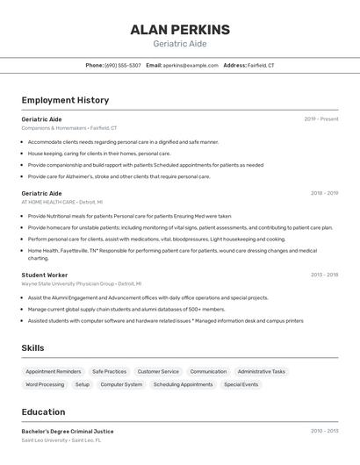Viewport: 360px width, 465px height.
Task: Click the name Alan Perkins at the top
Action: pos(180,30)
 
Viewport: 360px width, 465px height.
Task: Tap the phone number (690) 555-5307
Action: pos(123,65)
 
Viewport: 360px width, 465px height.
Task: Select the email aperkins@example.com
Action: pos(191,65)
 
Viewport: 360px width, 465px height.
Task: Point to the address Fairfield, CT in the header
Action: pos(261,65)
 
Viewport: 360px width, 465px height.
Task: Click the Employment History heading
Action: pos(65,100)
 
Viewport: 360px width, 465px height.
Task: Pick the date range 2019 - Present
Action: pos(321,118)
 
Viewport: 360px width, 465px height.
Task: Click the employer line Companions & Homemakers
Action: pos(68,128)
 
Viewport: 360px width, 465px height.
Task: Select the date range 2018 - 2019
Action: pos(324,193)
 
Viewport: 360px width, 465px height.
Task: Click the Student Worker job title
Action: pos(45,275)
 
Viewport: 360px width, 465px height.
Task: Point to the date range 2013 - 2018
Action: pos(324,275)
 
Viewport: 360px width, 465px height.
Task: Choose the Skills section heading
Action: pos(32,348)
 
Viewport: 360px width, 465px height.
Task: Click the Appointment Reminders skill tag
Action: pos(54,371)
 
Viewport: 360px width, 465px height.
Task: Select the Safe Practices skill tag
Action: pos(110,371)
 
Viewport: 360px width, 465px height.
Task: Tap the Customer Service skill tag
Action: pos(158,371)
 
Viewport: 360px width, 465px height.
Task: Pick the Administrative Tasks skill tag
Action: pos(261,371)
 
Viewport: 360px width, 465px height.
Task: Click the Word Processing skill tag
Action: pos(45,384)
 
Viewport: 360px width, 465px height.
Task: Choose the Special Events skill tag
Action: pos(241,384)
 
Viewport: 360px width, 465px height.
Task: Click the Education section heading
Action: pos(43,411)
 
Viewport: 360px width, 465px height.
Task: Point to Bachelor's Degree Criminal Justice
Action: pos(68,431)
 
